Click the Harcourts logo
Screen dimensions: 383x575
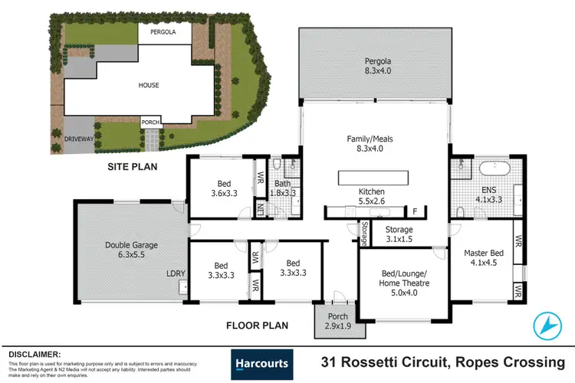click(x=261, y=363)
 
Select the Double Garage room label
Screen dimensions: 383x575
click(x=130, y=250)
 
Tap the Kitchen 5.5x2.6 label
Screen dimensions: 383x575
click(x=372, y=196)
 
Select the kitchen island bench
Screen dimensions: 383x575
click(x=372, y=178)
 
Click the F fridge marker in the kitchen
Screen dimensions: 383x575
click(x=416, y=211)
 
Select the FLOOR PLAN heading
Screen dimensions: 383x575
click(x=257, y=326)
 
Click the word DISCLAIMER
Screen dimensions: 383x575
click(x=34, y=354)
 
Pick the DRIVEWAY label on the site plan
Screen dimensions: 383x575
click(x=78, y=139)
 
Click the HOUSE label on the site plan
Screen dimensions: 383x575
click(x=149, y=85)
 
